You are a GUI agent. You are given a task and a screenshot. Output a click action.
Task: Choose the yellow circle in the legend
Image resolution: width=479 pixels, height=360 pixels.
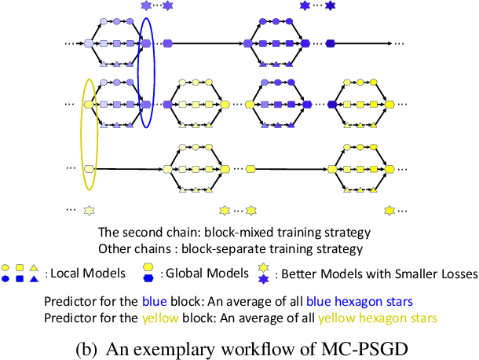pyautogui.click(x=6, y=267)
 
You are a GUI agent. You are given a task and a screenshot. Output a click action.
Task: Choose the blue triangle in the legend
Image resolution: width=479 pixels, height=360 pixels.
pyautogui.click(x=34, y=278)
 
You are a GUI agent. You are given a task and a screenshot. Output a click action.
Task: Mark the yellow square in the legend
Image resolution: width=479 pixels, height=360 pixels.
pyautogui.click(x=20, y=267)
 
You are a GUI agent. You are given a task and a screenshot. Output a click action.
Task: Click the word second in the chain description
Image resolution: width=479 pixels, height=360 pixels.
pyautogui.click(x=138, y=233)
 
